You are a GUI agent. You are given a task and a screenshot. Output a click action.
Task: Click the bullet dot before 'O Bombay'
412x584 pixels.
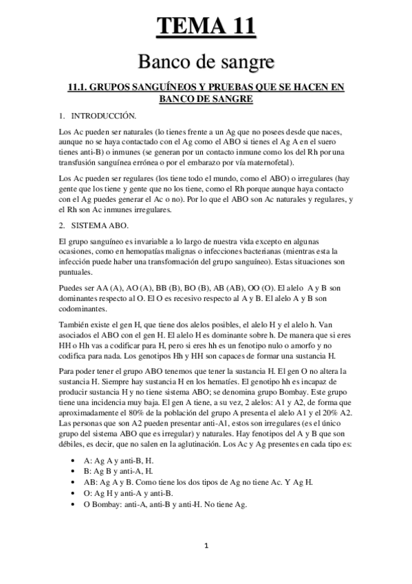pos(72,504)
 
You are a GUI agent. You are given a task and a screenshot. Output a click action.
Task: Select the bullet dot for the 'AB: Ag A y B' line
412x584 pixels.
pos(72,482)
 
